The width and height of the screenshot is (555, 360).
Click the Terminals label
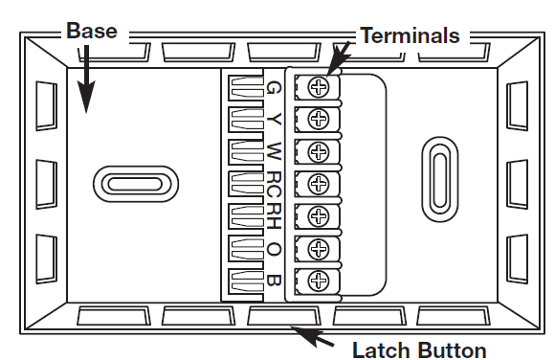coord(409,36)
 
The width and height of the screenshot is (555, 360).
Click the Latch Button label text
coord(420,349)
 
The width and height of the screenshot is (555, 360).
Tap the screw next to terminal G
coord(320,87)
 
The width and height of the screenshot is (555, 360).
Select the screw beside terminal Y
coord(320,120)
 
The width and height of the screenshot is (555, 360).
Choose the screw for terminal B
coord(320,281)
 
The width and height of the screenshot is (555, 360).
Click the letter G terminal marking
coord(275,88)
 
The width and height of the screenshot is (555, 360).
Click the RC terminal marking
coord(275,182)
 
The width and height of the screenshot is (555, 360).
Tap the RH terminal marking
coord(275,214)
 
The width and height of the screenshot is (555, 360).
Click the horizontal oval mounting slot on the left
coord(135,184)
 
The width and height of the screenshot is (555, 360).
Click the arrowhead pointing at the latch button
coord(298,331)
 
